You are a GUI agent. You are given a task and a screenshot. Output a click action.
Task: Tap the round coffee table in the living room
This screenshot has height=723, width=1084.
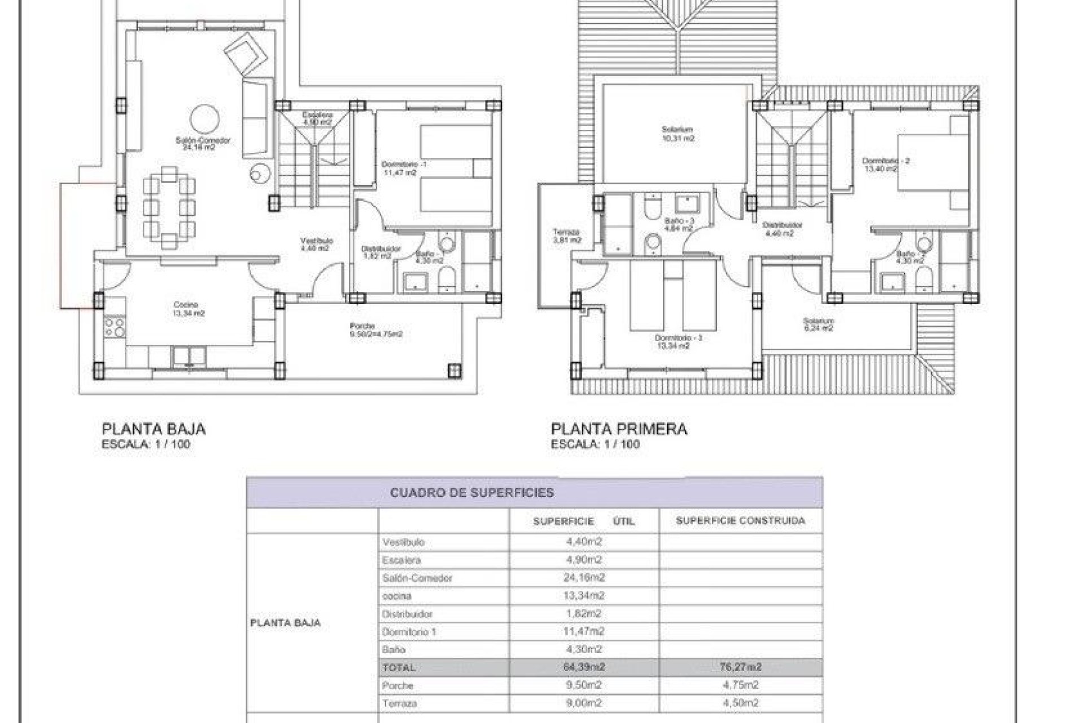pos(204,119)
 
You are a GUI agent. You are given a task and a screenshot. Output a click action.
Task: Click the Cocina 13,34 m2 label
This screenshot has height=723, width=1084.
pos(189,309)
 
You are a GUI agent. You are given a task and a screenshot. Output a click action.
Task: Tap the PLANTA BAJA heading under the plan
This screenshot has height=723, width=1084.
pos(154,429)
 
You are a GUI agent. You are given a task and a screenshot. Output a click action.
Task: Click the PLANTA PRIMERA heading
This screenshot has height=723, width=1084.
pos(619,429)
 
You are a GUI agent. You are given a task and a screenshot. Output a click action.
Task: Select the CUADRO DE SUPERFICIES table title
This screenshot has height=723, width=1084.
pos(472,493)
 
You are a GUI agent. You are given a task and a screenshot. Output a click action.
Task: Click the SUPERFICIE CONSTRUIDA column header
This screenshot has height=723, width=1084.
pos(740,521)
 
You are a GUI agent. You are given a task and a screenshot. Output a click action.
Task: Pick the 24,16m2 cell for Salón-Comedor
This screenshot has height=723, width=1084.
pos(584,578)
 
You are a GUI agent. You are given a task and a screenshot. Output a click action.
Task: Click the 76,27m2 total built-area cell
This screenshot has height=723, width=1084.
pos(740,667)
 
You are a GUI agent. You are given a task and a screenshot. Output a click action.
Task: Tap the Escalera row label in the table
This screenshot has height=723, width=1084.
pos(401,560)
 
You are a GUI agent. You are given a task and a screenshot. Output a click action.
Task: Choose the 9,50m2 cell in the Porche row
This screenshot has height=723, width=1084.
pos(584,685)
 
